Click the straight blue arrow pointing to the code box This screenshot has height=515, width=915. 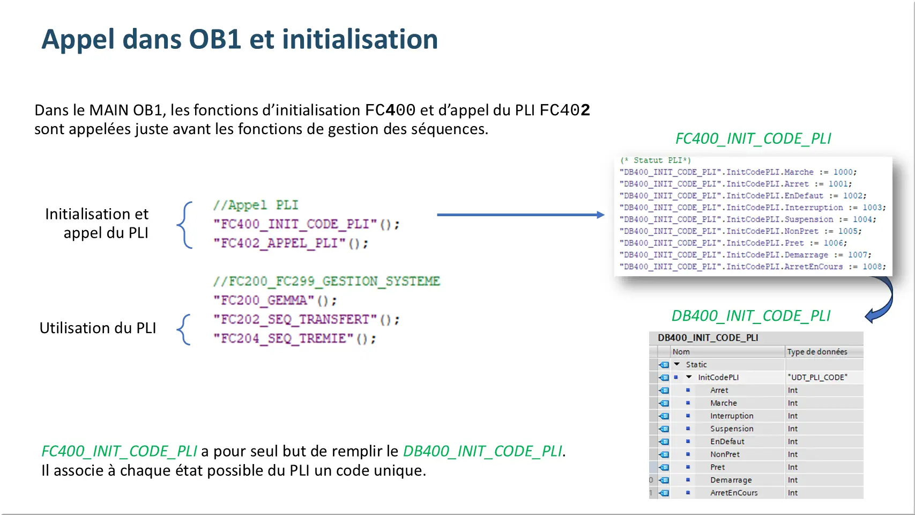[520, 215]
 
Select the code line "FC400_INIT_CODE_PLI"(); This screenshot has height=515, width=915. [306, 224]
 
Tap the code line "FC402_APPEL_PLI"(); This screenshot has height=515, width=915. [291, 244]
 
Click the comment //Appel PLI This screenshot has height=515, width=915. [255, 205]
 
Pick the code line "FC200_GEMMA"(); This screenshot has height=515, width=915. [274, 300]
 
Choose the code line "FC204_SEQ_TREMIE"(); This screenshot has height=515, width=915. [294, 339]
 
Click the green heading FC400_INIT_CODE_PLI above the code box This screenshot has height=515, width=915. [753, 138]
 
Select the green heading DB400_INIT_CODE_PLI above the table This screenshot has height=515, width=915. [750, 315]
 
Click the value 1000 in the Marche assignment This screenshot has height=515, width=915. [843, 172]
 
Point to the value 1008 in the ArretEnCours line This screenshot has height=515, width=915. [872, 267]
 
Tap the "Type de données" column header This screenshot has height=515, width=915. [817, 352]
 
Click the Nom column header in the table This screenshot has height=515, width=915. [681, 352]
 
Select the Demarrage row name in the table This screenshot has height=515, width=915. [731, 480]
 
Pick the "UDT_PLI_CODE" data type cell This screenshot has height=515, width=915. [817, 377]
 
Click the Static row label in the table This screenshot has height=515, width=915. [696, 365]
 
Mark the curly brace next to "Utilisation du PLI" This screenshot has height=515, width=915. [184, 329]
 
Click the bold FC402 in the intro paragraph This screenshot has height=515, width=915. [564, 110]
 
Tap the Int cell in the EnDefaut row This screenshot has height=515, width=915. [792, 442]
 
